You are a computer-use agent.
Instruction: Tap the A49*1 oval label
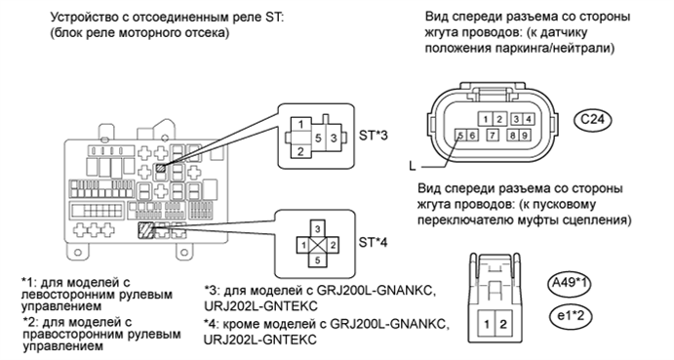coord(569,286)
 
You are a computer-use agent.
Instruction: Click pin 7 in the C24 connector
coord(498,136)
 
